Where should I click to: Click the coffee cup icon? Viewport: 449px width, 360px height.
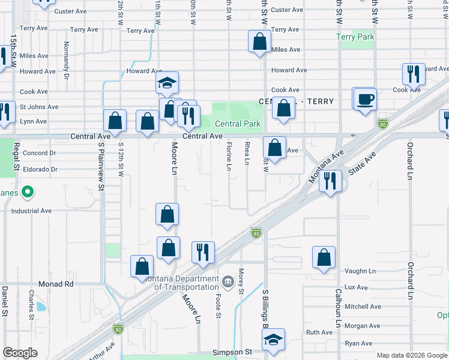coord(364,98)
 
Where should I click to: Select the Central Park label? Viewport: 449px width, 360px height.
coord(238,124)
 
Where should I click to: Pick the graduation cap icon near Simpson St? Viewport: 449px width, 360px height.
coord(274,339)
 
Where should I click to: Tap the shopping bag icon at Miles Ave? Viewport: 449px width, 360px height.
coord(259,42)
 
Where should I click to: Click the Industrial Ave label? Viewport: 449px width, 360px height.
coord(27,211)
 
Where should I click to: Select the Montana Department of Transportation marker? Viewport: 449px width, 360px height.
coord(228,281)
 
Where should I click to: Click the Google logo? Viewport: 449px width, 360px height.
coord(20,353)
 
